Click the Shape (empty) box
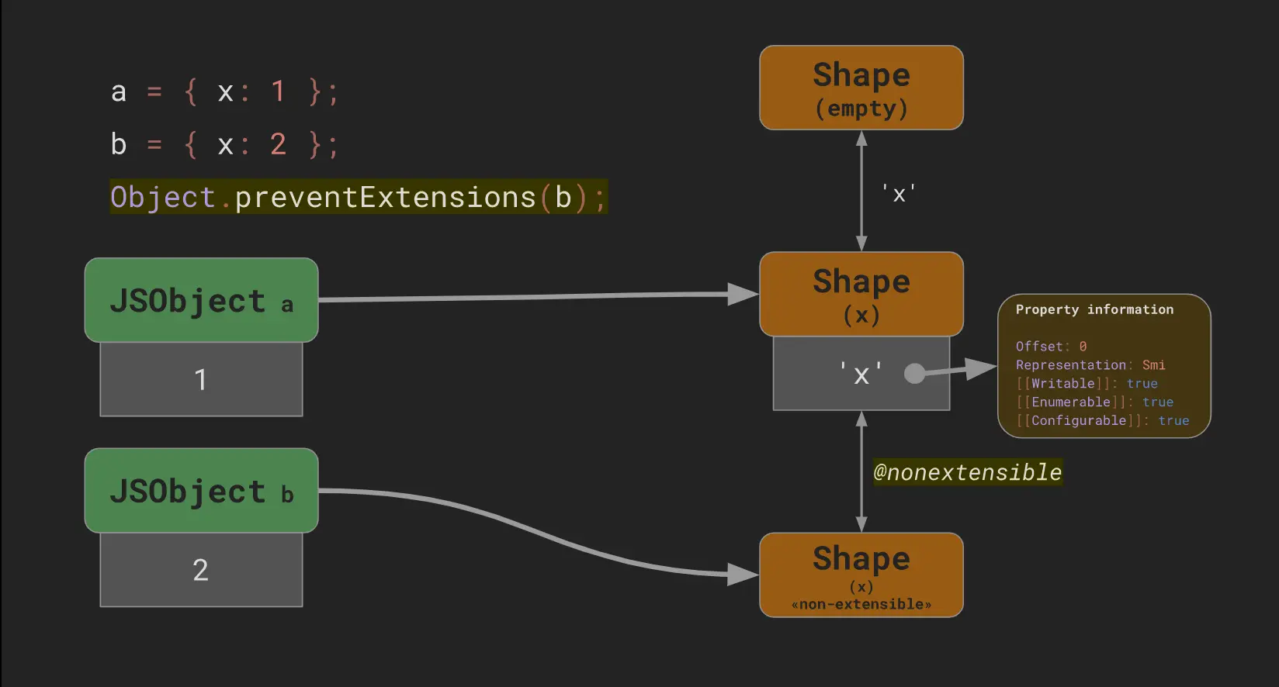pos(861,88)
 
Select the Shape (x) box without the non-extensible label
pos(861,294)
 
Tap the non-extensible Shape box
pos(861,575)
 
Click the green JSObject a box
pos(201,300)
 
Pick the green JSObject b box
pos(201,490)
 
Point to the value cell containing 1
pos(201,379)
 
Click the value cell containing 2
pos(201,570)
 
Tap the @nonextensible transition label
pos(967,472)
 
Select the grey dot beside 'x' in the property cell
pos(915,374)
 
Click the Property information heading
pos(1094,309)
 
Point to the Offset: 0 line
pos(1051,347)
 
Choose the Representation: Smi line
pos(1090,365)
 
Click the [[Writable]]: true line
pos(1087,384)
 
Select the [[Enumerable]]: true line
pos(1094,402)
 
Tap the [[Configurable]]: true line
pos(1102,421)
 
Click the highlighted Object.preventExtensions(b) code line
pos(358,198)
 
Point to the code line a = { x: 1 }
pos(224,92)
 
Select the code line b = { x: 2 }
pos(224,145)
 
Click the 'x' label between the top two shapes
pos(899,194)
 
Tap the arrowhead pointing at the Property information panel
pos(981,368)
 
